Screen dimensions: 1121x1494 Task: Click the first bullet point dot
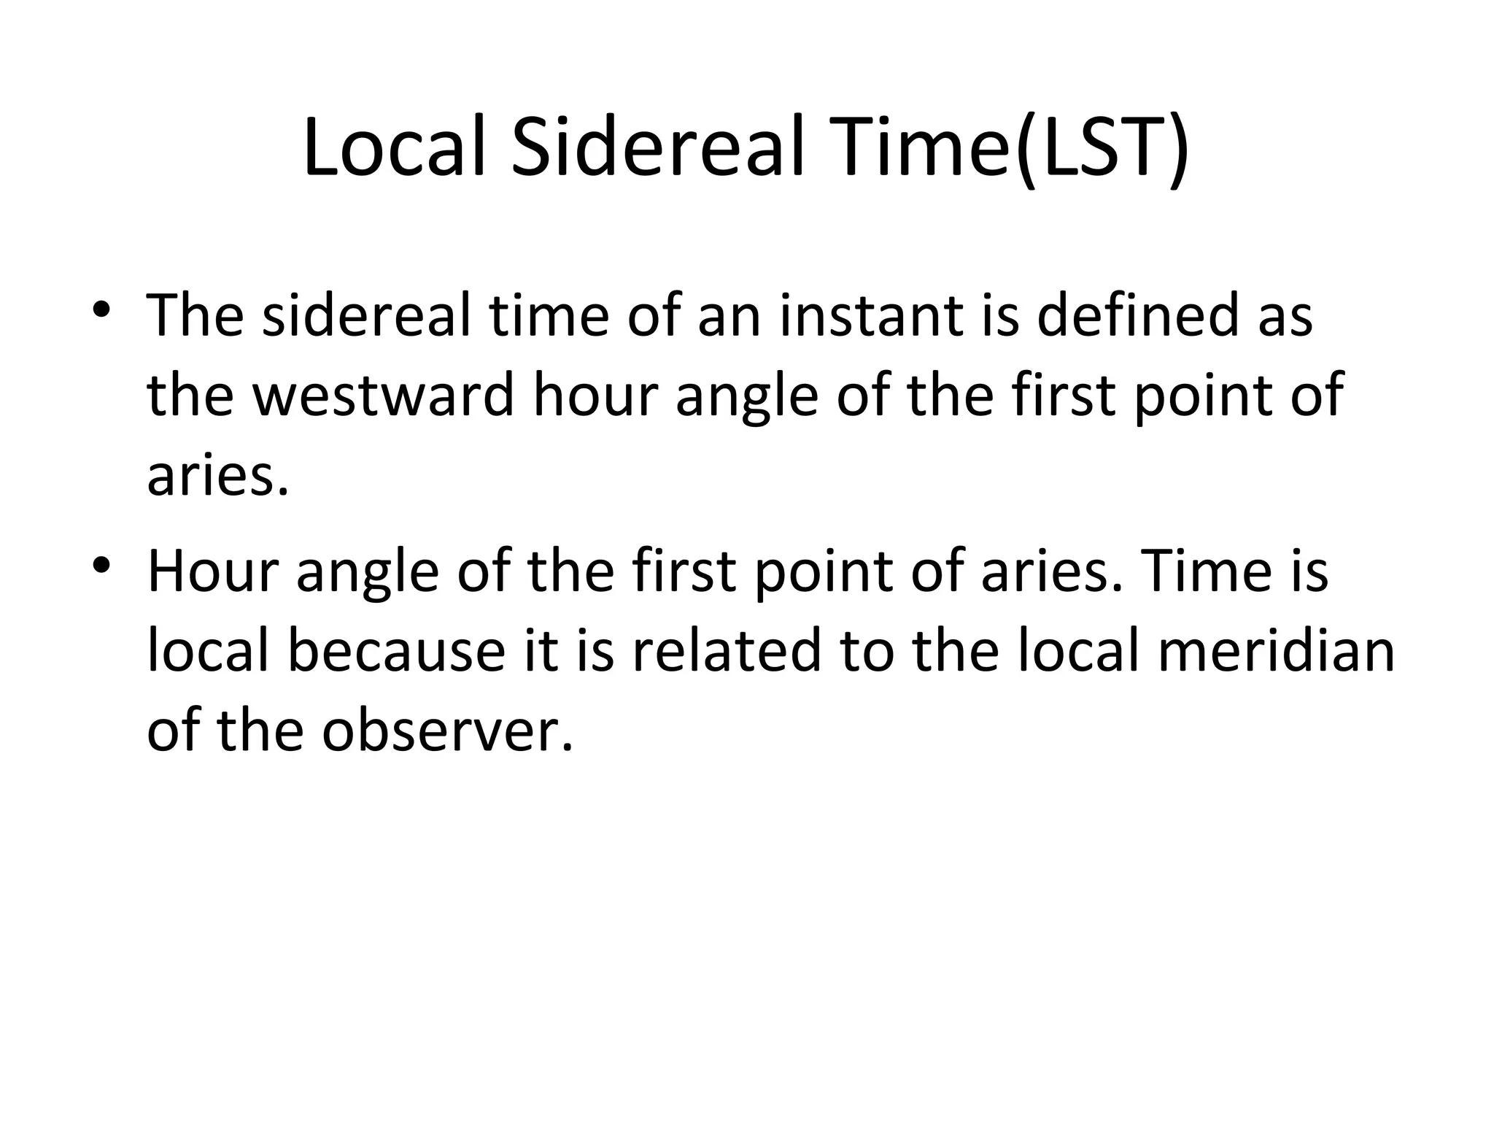point(101,307)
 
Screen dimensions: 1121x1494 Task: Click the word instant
point(872,315)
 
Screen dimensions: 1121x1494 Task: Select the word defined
point(1137,315)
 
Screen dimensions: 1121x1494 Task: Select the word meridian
point(1276,651)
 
